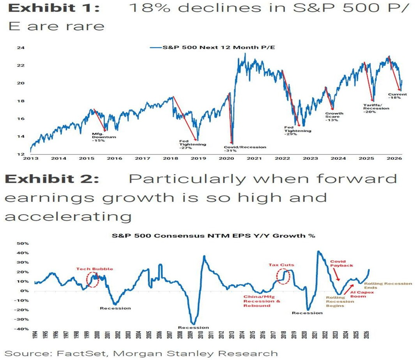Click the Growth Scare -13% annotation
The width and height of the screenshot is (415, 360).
(334, 117)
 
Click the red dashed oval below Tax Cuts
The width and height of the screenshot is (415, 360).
(283, 277)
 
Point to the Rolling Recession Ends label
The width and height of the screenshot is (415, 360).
(388, 286)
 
